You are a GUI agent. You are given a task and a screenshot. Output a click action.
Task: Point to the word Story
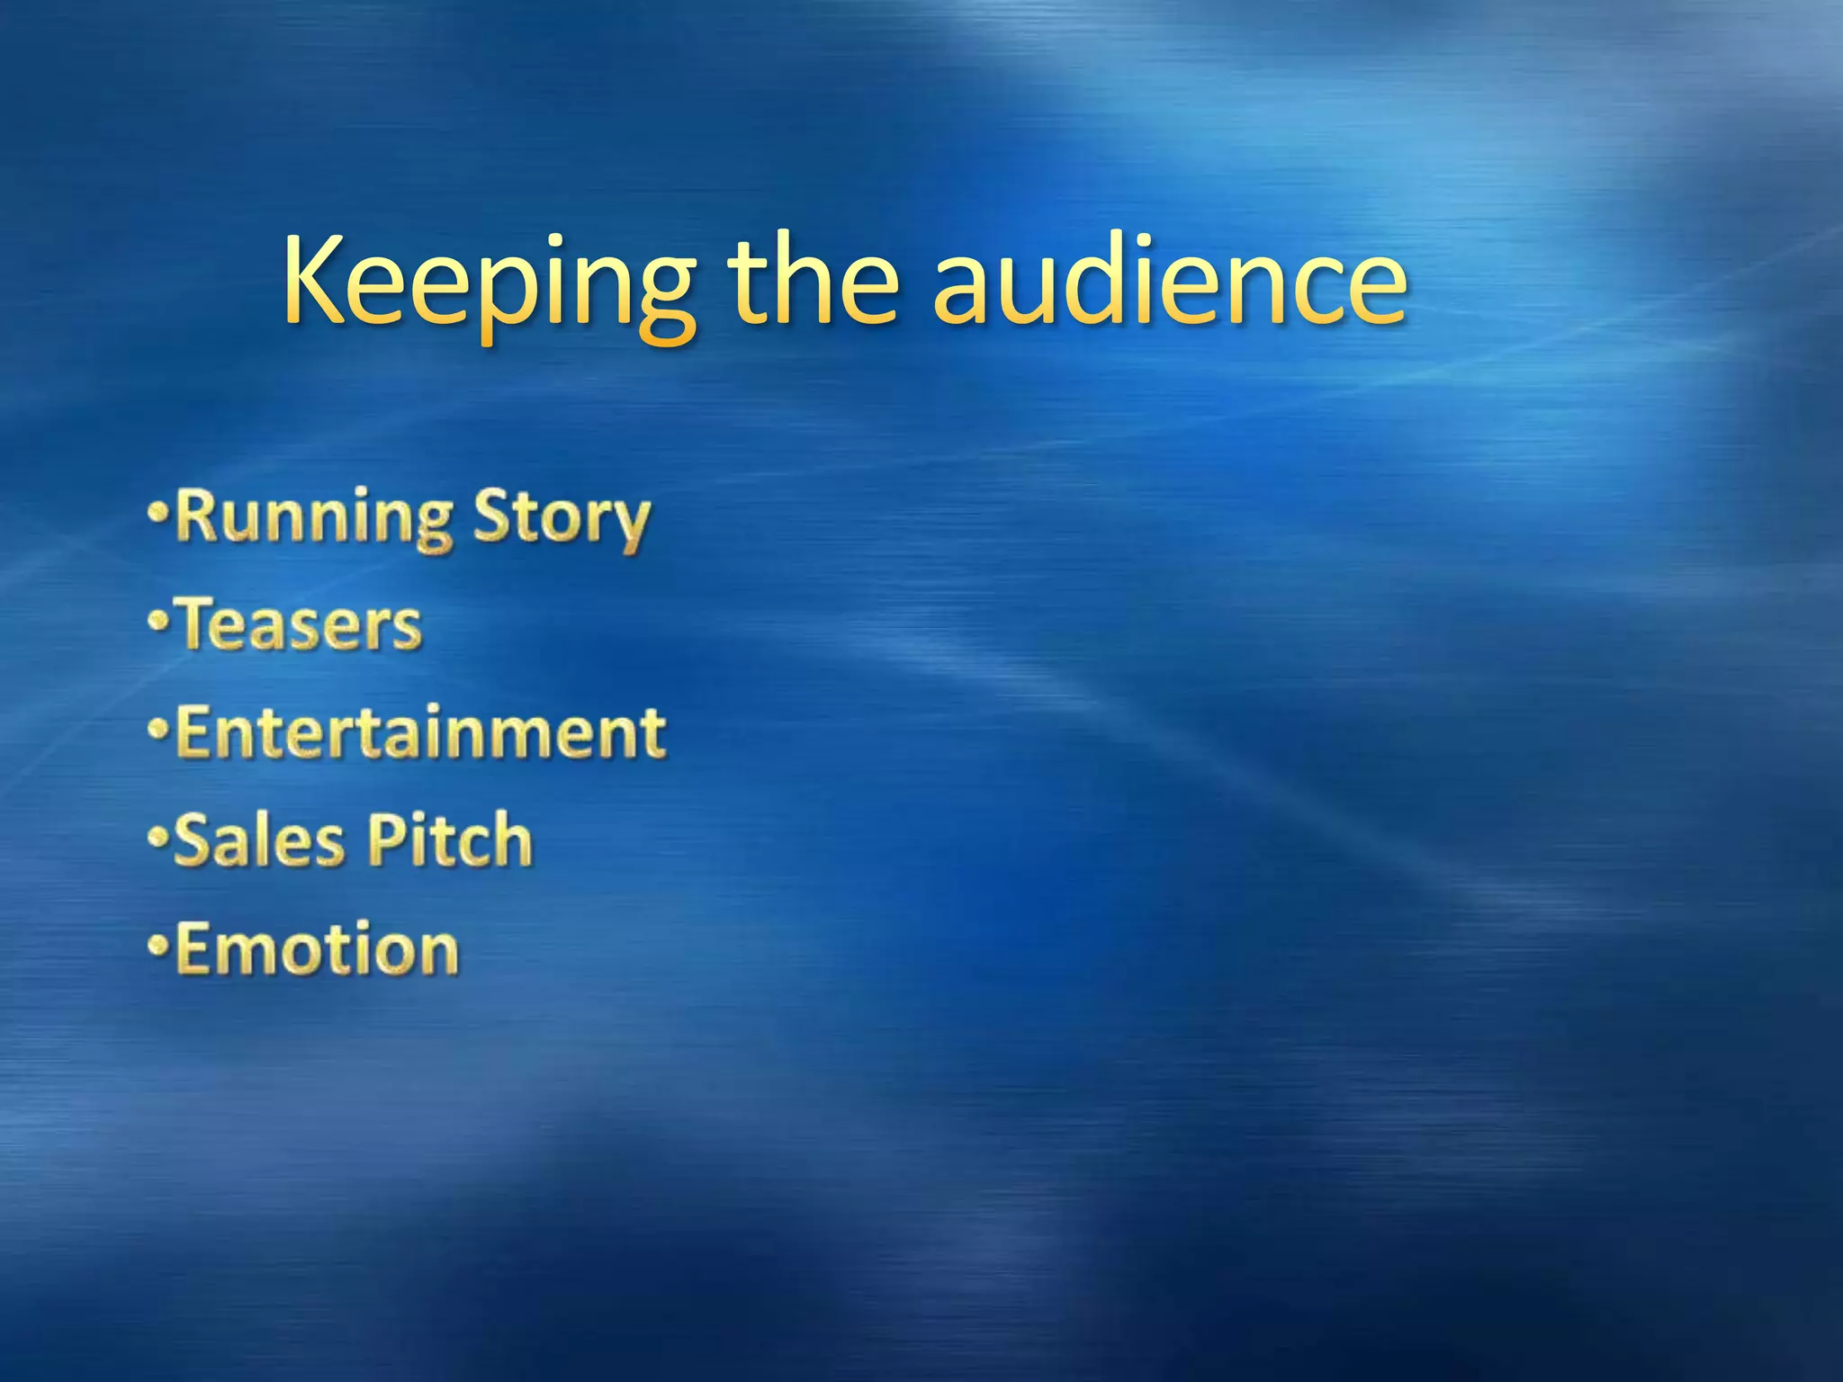tap(561, 520)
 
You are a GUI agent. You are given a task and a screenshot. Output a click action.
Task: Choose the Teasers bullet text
tap(300, 625)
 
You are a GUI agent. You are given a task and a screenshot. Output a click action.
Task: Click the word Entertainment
tap(420, 732)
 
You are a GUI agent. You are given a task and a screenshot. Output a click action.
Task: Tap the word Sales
tap(259, 840)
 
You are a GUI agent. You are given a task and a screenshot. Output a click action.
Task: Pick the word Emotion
tap(317, 949)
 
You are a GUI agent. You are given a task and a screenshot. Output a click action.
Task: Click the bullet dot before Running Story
tap(158, 516)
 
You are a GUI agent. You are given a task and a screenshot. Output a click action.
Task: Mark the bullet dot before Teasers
tap(158, 622)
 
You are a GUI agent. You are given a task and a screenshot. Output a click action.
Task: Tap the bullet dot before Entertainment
tap(158, 729)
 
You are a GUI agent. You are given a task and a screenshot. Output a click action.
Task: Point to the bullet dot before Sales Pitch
tap(158, 838)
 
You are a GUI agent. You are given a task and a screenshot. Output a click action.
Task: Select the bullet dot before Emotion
tap(158, 946)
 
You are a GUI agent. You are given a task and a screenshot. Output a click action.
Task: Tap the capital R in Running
tap(199, 515)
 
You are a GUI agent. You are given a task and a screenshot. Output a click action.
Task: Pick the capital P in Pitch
tap(389, 839)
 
